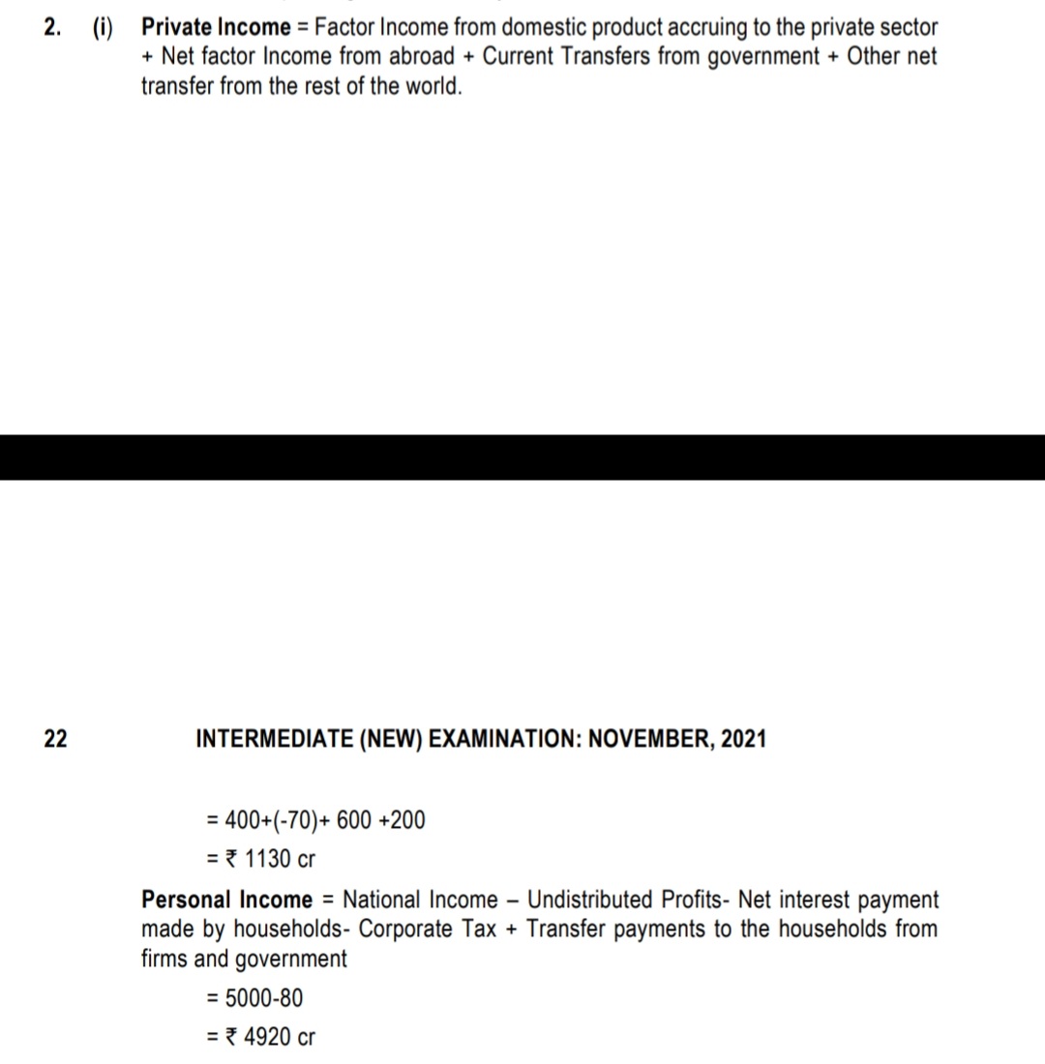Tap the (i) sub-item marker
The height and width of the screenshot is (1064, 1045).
click(x=102, y=27)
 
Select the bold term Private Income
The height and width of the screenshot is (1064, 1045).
click(x=216, y=27)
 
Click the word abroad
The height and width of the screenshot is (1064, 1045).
click(x=422, y=56)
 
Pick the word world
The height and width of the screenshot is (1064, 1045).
click(x=433, y=86)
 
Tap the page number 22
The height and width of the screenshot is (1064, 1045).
click(x=55, y=740)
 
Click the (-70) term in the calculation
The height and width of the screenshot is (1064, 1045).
click(x=283, y=821)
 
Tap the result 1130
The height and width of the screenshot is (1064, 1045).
click(x=267, y=859)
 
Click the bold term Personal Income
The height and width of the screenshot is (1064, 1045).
click(x=227, y=900)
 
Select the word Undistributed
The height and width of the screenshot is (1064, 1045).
click(x=592, y=900)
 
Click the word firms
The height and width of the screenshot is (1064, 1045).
click(x=165, y=960)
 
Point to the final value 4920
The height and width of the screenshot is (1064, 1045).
click(x=268, y=1038)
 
